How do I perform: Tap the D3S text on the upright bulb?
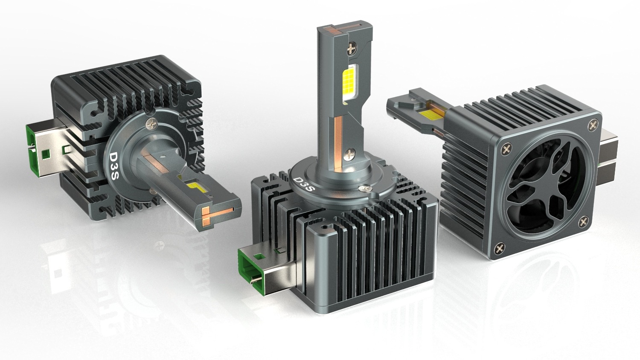pyautogui.click(x=304, y=185)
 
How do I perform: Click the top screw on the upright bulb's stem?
pyautogui.click(x=352, y=49)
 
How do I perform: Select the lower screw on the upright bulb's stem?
pyautogui.click(x=349, y=155)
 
